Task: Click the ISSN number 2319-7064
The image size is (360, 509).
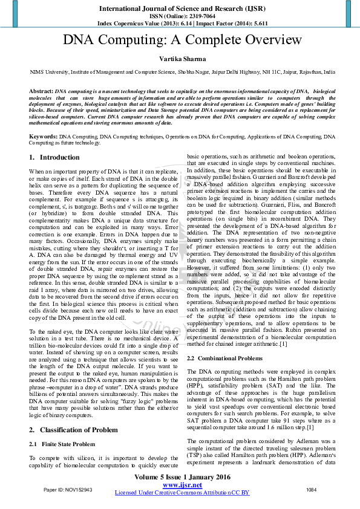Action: click(x=194, y=16)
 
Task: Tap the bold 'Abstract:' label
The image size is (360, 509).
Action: click(x=41, y=91)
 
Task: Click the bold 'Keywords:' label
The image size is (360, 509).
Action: click(x=44, y=137)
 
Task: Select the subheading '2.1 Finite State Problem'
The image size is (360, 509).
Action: click(x=62, y=444)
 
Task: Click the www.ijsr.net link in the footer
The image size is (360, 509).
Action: click(x=182, y=485)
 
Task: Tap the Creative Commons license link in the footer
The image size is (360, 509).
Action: click(x=182, y=493)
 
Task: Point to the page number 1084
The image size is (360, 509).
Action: click(x=312, y=489)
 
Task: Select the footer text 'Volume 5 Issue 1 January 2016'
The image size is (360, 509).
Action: click(x=182, y=477)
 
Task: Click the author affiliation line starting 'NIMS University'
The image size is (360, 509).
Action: click(x=182, y=72)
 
